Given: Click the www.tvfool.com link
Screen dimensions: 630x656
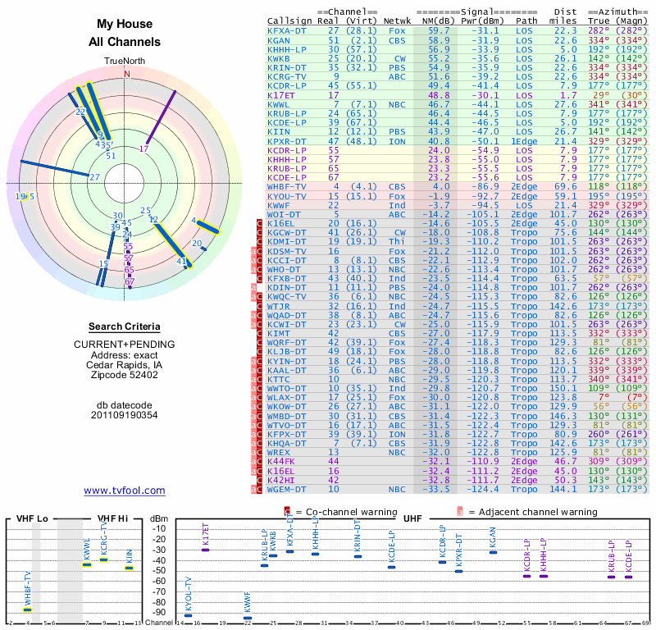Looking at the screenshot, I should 125,491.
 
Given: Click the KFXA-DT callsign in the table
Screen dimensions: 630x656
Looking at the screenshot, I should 287,30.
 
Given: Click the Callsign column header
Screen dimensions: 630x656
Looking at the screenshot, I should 290,21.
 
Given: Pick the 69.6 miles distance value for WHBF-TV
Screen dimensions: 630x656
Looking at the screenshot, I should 566,187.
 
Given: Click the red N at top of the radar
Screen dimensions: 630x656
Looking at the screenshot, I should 126,74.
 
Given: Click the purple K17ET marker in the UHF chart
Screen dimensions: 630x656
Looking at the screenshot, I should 205,549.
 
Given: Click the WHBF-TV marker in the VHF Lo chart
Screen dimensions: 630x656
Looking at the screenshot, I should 27,609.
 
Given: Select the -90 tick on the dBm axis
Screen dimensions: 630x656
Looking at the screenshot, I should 160,612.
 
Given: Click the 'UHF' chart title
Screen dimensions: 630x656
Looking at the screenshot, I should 412,518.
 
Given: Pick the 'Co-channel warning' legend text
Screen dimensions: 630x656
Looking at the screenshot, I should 331,511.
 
